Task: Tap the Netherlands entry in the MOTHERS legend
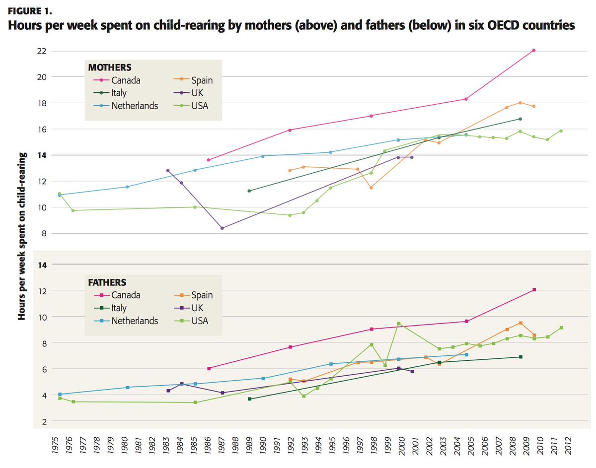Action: click(x=134, y=106)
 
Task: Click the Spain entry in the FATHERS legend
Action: click(x=202, y=295)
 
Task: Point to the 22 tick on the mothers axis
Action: click(x=41, y=51)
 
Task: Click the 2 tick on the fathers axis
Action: click(x=44, y=421)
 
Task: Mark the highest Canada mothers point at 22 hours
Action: click(x=534, y=50)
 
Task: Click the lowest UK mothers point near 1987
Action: click(x=222, y=228)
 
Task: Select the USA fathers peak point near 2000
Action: click(x=399, y=324)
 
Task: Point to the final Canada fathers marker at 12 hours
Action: click(x=534, y=290)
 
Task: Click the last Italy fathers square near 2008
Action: click(x=521, y=357)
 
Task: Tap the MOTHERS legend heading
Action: click(x=110, y=67)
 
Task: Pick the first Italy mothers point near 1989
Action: click(x=249, y=191)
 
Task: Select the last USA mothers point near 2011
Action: click(x=561, y=131)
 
